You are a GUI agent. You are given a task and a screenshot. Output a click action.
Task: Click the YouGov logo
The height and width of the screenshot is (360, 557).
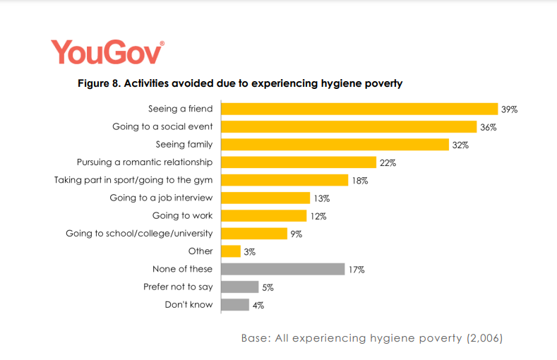tap(107, 52)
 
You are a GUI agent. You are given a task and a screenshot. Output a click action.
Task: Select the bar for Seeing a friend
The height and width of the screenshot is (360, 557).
tap(359, 109)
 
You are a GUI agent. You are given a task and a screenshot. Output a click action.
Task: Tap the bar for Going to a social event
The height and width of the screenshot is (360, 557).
tap(349, 126)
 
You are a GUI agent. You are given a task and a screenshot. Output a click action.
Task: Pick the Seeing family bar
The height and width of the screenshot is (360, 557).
tap(335, 145)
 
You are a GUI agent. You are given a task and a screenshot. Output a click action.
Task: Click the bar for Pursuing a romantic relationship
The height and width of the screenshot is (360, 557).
tap(299, 162)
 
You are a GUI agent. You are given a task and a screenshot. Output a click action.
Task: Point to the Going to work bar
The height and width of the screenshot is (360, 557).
tap(264, 216)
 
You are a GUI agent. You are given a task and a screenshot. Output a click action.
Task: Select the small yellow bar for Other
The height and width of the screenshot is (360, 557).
tap(231, 251)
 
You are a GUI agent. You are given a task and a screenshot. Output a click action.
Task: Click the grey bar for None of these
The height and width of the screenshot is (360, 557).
tap(283, 269)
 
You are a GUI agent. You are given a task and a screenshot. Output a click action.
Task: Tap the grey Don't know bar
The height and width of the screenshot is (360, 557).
tap(235, 305)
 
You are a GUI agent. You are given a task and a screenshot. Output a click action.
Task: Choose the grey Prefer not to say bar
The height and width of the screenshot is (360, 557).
tap(240, 287)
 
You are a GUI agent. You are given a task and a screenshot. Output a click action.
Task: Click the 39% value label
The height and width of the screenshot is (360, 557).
tap(510, 109)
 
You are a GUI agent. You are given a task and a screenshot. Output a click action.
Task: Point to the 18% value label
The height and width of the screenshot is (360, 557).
tap(360, 181)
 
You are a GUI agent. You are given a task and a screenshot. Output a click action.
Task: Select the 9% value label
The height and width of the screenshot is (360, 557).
tap(295, 234)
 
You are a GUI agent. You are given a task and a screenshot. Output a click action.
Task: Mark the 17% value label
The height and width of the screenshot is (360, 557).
tap(355, 270)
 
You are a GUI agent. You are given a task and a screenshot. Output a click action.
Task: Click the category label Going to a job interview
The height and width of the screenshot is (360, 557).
tap(161, 198)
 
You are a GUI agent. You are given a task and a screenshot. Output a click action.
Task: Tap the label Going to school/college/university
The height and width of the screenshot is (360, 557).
tap(139, 233)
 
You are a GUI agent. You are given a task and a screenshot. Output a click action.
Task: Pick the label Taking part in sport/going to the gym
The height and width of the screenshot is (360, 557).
tap(133, 180)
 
